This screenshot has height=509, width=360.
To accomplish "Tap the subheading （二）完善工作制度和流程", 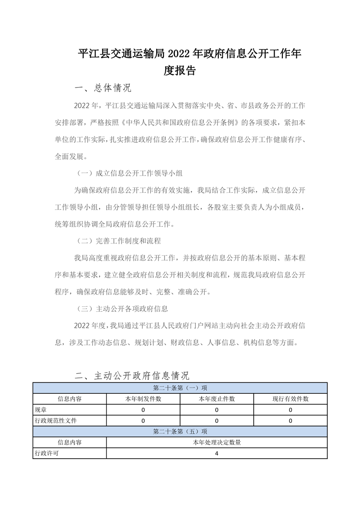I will pyautogui.click(x=118, y=240).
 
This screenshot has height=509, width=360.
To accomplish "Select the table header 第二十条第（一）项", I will pyautogui.click(x=180, y=388).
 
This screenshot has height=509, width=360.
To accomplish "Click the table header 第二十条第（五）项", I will pyautogui.click(x=180, y=431).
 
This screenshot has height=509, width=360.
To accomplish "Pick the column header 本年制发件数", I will pyautogui.click(x=143, y=399).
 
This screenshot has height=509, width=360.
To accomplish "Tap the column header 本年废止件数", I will pyautogui.click(x=217, y=399).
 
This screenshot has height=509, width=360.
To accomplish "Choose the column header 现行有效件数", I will pyautogui.click(x=290, y=399).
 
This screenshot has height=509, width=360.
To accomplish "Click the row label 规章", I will pyautogui.click(x=40, y=410).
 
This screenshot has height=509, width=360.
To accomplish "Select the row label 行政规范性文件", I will pyautogui.click(x=56, y=421).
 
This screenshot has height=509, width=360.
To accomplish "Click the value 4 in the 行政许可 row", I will pyautogui.click(x=217, y=453).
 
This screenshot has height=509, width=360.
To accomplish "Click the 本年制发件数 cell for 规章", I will pyautogui.click(x=143, y=410).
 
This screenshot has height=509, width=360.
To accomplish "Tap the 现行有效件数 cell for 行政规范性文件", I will pyautogui.click(x=290, y=421).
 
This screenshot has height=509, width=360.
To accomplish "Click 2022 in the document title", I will pyautogui.click(x=179, y=54).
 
